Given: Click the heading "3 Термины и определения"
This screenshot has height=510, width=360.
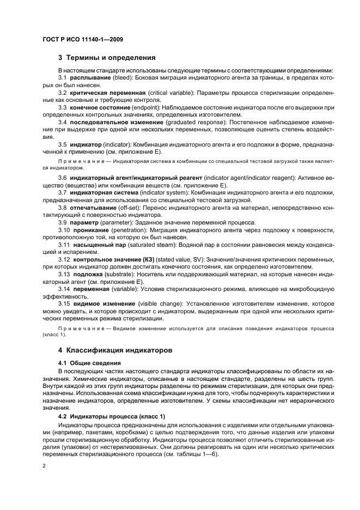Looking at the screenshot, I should tap(107, 58).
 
